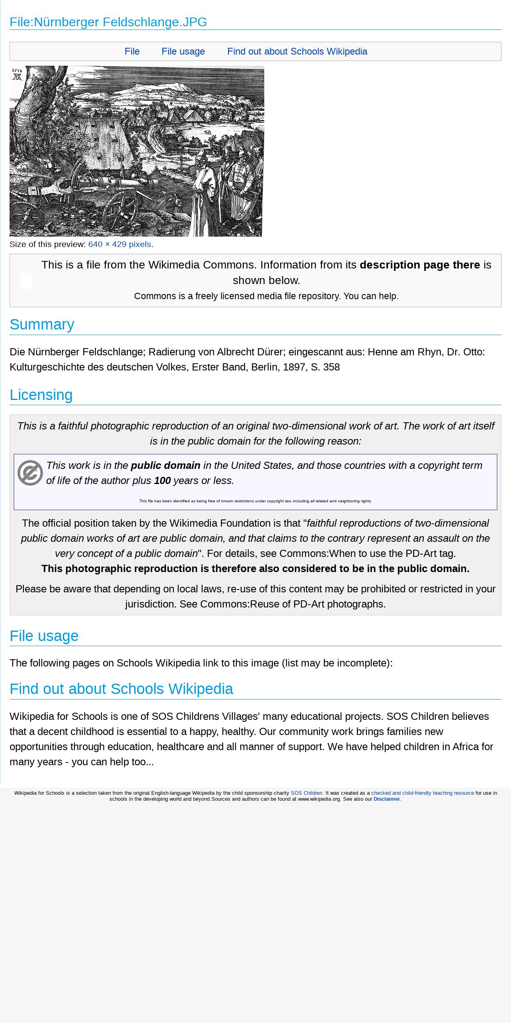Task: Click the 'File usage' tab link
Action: tap(183, 51)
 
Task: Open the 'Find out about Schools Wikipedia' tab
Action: tap(297, 51)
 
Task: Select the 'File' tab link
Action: tap(132, 51)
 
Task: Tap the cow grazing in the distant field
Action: tap(207, 132)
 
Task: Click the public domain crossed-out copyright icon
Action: tap(30, 473)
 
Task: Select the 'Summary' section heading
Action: tap(42, 324)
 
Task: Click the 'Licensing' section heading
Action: tap(41, 395)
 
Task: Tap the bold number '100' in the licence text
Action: tap(162, 480)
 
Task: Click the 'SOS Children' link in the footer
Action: tap(306, 793)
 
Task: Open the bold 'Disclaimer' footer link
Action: tap(386, 799)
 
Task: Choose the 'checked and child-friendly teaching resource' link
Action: tap(422, 793)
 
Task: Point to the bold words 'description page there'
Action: tap(419, 265)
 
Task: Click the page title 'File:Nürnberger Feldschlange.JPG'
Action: tap(108, 22)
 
